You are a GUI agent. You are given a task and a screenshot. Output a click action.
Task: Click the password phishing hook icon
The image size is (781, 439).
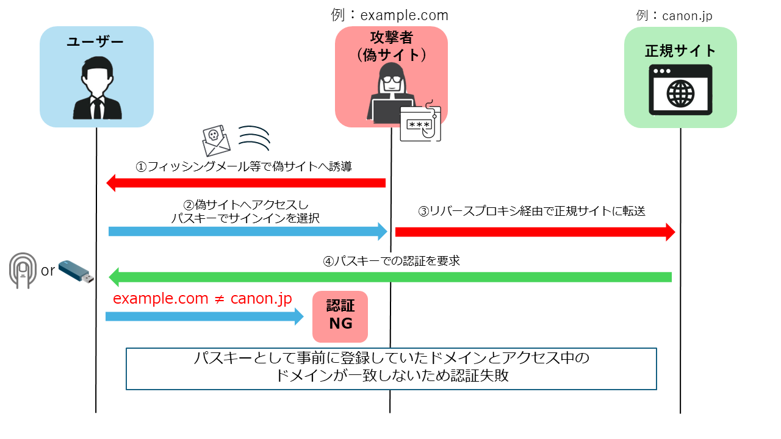tap(420, 122)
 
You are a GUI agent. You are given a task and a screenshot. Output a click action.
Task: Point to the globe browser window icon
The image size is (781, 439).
tap(680, 92)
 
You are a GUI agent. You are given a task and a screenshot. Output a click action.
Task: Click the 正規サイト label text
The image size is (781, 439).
tap(680, 50)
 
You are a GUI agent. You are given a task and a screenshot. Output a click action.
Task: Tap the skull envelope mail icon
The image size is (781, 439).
tap(216, 141)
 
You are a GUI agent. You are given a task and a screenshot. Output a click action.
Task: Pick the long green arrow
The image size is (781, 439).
tap(390, 277)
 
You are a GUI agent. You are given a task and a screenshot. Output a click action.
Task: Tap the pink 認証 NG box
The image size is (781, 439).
tap(340, 316)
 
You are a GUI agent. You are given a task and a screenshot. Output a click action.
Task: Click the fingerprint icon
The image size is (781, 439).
tap(23, 270)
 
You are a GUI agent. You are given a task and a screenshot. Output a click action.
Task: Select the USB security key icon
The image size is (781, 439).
tap(76, 272)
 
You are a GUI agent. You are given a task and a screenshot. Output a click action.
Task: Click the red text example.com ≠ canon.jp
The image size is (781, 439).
tap(202, 299)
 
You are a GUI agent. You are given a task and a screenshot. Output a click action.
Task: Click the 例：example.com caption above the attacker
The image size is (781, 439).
tap(390, 14)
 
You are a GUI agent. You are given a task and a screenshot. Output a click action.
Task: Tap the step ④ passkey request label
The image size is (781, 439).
tap(391, 261)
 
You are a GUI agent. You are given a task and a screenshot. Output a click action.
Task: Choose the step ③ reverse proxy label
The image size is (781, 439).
tap(531, 212)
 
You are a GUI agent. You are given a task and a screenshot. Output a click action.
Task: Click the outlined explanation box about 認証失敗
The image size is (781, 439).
tap(391, 368)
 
